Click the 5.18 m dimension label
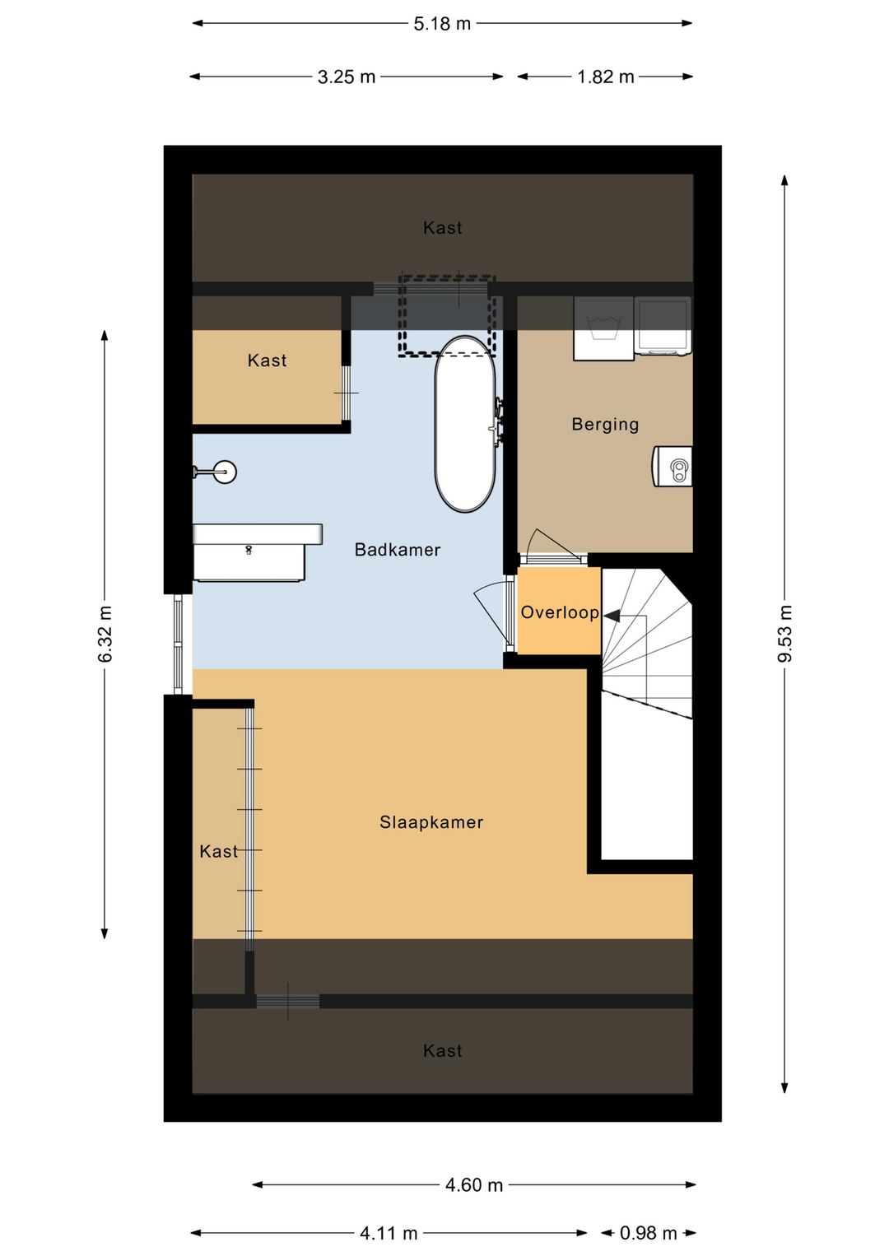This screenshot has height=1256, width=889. [442, 24]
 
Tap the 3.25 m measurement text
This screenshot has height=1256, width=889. [346, 77]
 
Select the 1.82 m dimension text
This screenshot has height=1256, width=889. [605, 77]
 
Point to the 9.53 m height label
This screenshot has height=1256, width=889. [784, 634]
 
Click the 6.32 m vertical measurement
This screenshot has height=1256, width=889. [105, 634]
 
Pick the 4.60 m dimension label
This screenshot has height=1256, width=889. [474, 1184]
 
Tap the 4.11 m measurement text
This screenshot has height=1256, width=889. [389, 1233]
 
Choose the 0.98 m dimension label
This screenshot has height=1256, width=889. [648, 1233]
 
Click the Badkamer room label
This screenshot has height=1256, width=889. [397, 550]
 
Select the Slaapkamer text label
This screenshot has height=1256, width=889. [431, 822]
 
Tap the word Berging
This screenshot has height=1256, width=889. [605, 425]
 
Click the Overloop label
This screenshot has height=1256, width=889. [560, 612]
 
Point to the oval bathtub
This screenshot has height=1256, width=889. [465, 424]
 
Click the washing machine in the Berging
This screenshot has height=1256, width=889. [603, 328]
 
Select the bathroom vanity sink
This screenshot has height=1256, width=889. [257, 552]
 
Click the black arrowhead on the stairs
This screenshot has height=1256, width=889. [612, 616]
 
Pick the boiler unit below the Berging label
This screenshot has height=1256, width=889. [672, 466]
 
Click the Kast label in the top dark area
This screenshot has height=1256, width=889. [443, 228]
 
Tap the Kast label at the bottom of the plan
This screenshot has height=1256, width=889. [443, 1050]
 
